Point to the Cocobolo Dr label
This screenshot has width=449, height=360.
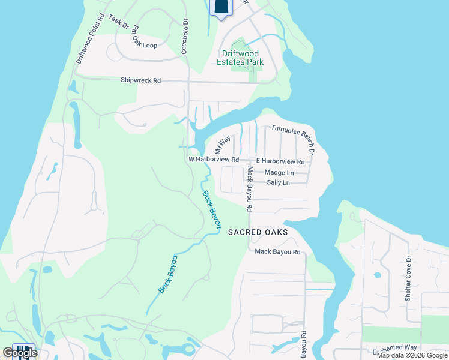point(185,35)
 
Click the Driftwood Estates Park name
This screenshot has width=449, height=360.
point(240,58)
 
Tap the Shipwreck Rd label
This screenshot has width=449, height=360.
point(140,80)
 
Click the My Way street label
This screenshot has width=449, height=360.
point(222,146)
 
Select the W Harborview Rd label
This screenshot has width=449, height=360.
point(214,160)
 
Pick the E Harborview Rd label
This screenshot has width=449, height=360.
point(280,161)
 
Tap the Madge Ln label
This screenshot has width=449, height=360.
point(279,173)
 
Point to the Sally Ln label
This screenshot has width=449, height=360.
point(278,182)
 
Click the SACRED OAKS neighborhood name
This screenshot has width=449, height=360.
point(258,232)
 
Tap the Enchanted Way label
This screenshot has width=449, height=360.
point(394,347)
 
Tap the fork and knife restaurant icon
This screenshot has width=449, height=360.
point(24,351)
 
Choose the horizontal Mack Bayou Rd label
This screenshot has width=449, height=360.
point(277,252)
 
